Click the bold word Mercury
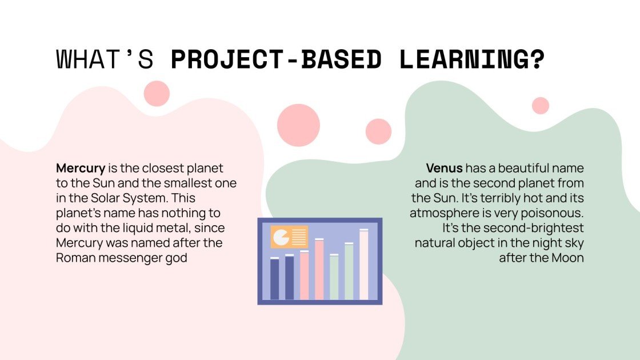[81, 169]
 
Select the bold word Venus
[444, 168]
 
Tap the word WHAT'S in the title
[105, 59]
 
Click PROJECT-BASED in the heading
[276, 59]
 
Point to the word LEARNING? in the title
[471, 59]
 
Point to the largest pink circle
[298, 125]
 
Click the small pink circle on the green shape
[541, 106]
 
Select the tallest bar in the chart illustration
[363, 265]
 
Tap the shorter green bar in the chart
[334, 277]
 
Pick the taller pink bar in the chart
[319, 269]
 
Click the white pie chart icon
[281, 237]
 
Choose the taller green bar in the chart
[349, 271]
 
